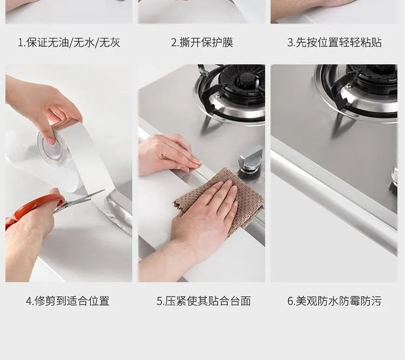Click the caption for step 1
pyautogui.click(x=69, y=42)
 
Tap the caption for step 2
pyautogui.click(x=202, y=42)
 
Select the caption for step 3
pyautogui.click(x=334, y=42)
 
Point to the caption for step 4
pyautogui.click(x=67, y=301)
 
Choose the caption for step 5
pyautogui.click(x=204, y=301)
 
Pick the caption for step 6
pyautogui.click(x=334, y=301)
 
